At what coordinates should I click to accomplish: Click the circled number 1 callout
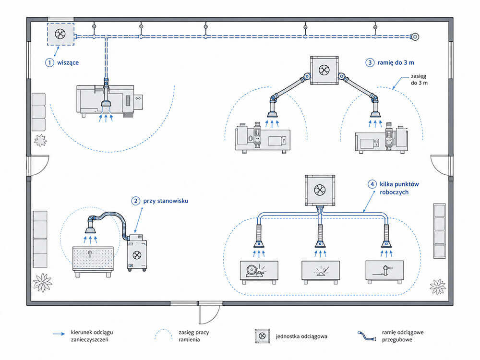[49, 62]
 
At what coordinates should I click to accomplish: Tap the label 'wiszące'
[68, 63]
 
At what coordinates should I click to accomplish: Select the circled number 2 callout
[136, 201]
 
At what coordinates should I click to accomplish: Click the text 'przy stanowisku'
[166, 201]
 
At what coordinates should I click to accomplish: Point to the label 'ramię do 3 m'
[396, 62]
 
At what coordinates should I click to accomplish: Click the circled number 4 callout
[372, 184]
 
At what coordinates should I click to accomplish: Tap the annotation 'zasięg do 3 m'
[419, 79]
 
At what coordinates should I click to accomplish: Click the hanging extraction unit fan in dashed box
[60, 34]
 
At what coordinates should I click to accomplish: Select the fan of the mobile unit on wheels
[137, 254]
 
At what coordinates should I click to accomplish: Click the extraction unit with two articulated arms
[324, 70]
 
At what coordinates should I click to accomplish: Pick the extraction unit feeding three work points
[320, 190]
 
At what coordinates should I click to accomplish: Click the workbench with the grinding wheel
[259, 272]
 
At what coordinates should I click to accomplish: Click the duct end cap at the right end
[415, 37]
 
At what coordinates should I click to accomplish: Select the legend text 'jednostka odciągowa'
[301, 336]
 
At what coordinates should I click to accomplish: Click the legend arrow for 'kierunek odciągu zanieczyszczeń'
[59, 334]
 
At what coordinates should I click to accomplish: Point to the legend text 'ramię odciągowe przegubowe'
[403, 336]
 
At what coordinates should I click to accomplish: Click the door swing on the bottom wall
[209, 313]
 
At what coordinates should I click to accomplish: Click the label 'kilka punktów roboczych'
[399, 188]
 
